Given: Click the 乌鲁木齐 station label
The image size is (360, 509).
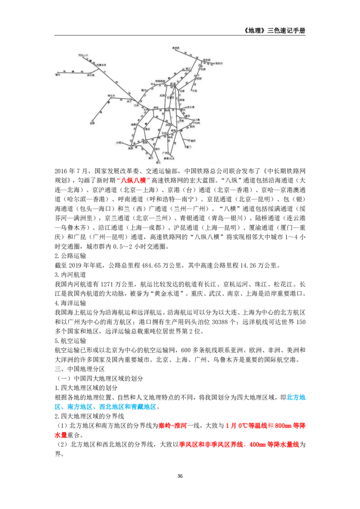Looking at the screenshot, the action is tap(101, 65).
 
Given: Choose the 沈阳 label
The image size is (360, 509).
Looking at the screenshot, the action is tap(199, 78).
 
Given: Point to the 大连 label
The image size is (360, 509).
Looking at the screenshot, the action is tap(194, 90).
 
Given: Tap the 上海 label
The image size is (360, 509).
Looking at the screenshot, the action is tap(198, 120).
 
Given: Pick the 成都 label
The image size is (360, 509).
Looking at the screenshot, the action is tap(133, 124).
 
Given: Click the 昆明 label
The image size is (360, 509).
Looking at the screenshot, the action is tap(130, 148).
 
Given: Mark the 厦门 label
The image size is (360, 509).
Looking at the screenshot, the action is tap(188, 147).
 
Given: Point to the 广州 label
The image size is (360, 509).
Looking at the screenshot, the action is tap(165, 153).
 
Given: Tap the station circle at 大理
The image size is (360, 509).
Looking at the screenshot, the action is tap(122, 143).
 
